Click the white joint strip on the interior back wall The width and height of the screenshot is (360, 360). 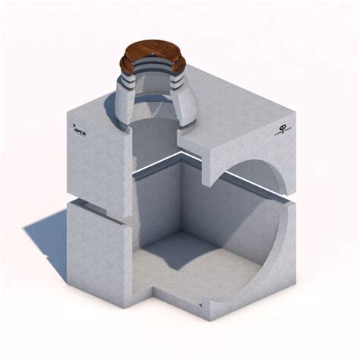pos(163,166)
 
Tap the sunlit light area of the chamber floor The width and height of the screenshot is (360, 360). pos(220,266)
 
